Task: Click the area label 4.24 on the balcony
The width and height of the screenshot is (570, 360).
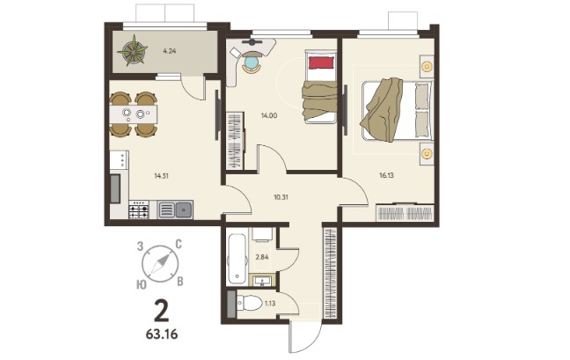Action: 170,51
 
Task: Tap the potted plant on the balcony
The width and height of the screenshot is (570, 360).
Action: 133,50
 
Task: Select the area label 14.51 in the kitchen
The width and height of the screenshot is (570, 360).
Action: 161,176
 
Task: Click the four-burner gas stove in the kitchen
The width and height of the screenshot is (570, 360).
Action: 139,209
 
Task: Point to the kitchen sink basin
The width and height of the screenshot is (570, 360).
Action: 184,209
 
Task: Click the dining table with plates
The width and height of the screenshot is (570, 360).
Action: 134,114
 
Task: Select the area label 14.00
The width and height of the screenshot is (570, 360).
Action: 269,115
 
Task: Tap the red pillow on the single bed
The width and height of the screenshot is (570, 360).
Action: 321,62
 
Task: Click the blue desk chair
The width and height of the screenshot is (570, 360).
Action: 252,62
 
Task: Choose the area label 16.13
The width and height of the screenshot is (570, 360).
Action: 386,175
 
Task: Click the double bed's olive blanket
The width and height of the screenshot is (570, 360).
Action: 382,109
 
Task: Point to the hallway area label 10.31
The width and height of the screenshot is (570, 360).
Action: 281,197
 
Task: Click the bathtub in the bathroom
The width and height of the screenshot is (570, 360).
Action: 237,260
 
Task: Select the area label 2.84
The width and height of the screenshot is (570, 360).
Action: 262,257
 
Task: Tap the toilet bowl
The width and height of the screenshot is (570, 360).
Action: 250,303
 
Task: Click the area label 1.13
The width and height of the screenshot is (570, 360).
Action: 270,304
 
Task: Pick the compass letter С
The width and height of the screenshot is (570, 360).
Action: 179,245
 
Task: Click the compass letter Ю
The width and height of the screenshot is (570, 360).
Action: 142,284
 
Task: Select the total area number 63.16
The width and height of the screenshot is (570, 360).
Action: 162,334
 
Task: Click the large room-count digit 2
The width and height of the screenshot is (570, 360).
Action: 161,312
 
